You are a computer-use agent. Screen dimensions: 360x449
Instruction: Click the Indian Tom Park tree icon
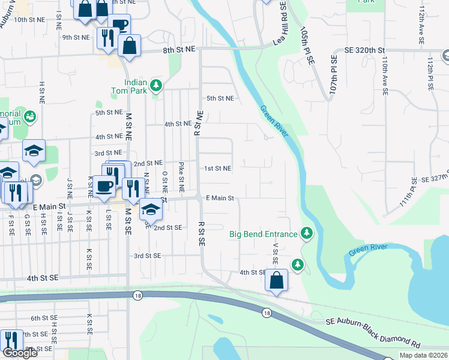point(156,85)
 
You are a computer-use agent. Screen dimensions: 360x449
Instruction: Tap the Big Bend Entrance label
point(263,233)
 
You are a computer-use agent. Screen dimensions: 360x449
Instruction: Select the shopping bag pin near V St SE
point(276,280)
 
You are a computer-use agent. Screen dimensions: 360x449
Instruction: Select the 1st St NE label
point(218,169)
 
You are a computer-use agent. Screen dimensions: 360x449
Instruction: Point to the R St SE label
point(201,233)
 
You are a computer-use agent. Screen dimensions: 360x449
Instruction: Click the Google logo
point(20,352)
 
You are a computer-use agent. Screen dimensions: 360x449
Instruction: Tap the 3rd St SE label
point(148,256)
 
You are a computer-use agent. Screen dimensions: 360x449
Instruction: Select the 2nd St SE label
point(167,228)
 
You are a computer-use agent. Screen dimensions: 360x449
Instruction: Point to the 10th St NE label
point(29,20)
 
